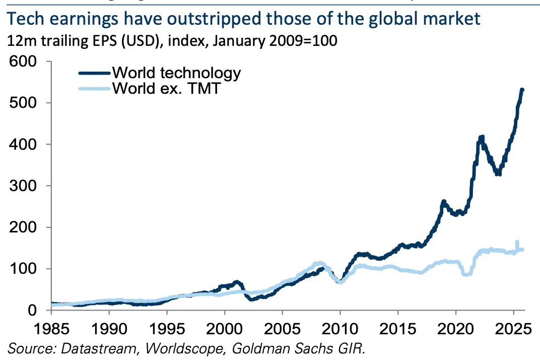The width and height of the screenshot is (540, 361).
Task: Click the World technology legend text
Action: (176, 73)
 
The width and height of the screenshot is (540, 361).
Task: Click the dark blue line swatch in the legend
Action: (95, 73)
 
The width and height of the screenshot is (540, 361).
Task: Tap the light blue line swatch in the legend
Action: (95, 89)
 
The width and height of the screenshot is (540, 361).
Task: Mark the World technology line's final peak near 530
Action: (522, 90)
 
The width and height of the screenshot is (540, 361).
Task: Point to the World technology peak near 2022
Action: (481, 138)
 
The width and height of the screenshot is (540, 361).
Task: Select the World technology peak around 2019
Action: (444, 202)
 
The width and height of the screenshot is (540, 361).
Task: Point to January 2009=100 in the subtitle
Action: (275, 40)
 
